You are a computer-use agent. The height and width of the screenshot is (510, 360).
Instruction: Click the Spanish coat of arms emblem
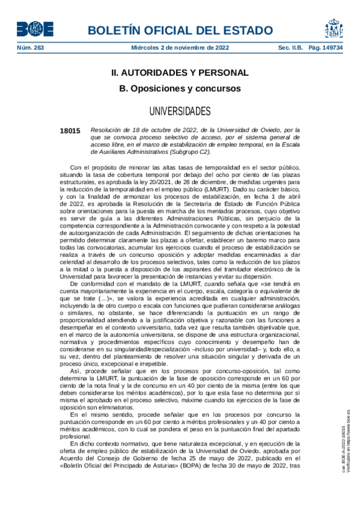coord(335,28)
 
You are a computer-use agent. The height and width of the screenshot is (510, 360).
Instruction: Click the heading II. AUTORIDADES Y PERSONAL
coord(179,73)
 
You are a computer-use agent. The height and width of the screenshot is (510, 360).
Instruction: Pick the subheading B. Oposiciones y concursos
coord(179,88)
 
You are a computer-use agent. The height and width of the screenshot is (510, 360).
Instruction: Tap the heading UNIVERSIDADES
coord(179,111)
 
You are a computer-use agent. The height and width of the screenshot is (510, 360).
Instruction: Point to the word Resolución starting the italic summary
coord(105,129)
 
